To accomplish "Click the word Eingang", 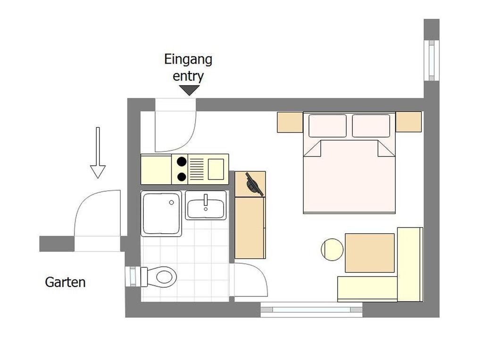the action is pyautogui.click(x=188, y=60).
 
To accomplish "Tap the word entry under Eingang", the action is pyautogui.click(x=188, y=76).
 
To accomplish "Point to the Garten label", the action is pyautogui.click(x=65, y=282).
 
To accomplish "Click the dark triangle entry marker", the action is pyautogui.click(x=190, y=90).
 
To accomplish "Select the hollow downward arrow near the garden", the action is pyautogui.click(x=98, y=153).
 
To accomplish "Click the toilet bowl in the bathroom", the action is pyautogui.click(x=162, y=277).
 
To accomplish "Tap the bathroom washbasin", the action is pyautogui.click(x=206, y=205).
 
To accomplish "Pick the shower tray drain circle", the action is pyautogui.click(x=172, y=203).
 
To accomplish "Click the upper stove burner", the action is pyautogui.click(x=182, y=161).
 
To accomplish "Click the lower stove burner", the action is pyautogui.click(x=182, y=177).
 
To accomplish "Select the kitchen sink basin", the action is pyautogui.click(x=216, y=169).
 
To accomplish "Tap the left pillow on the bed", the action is pyautogui.click(x=327, y=125).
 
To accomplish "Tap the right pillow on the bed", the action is pyautogui.click(x=371, y=125).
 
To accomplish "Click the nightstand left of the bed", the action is pyautogui.click(x=290, y=122).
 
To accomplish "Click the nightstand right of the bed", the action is pyautogui.click(x=408, y=122).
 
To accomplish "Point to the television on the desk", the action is pyautogui.click(x=254, y=185).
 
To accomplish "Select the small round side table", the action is pyautogui.click(x=332, y=249).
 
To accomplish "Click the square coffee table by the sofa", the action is pyautogui.click(x=370, y=253).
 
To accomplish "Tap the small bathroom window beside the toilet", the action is pyautogui.click(x=133, y=276).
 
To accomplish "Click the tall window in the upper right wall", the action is pyautogui.click(x=432, y=60).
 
